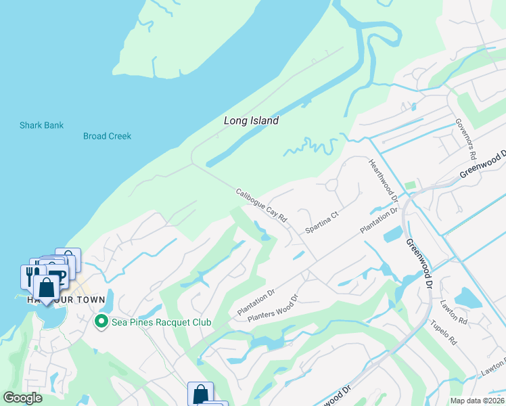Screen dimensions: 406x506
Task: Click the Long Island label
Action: (251, 120)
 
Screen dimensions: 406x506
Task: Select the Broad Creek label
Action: (107, 136)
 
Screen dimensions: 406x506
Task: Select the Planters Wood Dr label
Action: (273, 308)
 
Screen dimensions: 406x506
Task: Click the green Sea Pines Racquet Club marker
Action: (101, 321)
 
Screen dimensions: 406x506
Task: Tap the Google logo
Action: (23, 397)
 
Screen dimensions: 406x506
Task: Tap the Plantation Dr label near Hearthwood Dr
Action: (379, 221)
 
